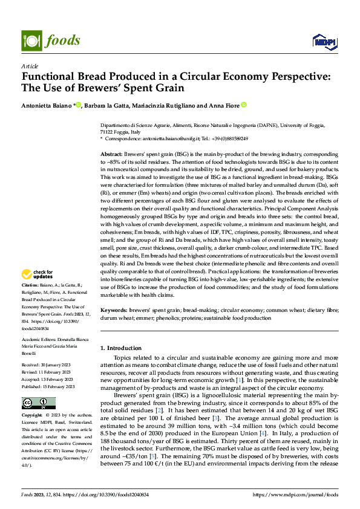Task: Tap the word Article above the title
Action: pos(30,65)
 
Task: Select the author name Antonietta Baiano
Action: pos(47,105)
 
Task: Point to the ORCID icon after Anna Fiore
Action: pos(244,105)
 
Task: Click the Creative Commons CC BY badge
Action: pos(38,403)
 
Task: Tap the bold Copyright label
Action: pos(31,416)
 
